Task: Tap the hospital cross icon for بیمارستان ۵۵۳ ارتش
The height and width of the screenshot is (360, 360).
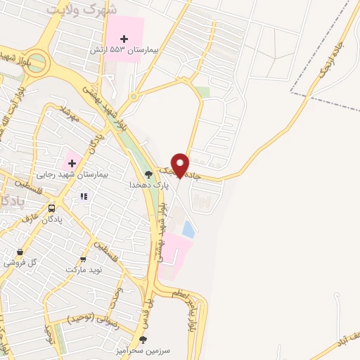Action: coord(125,38)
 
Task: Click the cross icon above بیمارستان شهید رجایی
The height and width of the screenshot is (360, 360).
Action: coord(72,163)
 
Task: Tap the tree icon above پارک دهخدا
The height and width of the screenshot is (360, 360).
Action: coord(148,174)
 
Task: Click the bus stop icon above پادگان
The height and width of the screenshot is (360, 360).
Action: coord(51,209)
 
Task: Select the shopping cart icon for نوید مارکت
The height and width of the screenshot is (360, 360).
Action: coord(84,259)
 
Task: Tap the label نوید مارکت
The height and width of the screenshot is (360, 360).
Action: coord(84,270)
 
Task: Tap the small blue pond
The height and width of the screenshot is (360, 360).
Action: coord(188,229)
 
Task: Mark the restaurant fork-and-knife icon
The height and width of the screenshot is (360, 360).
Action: coord(84,197)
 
